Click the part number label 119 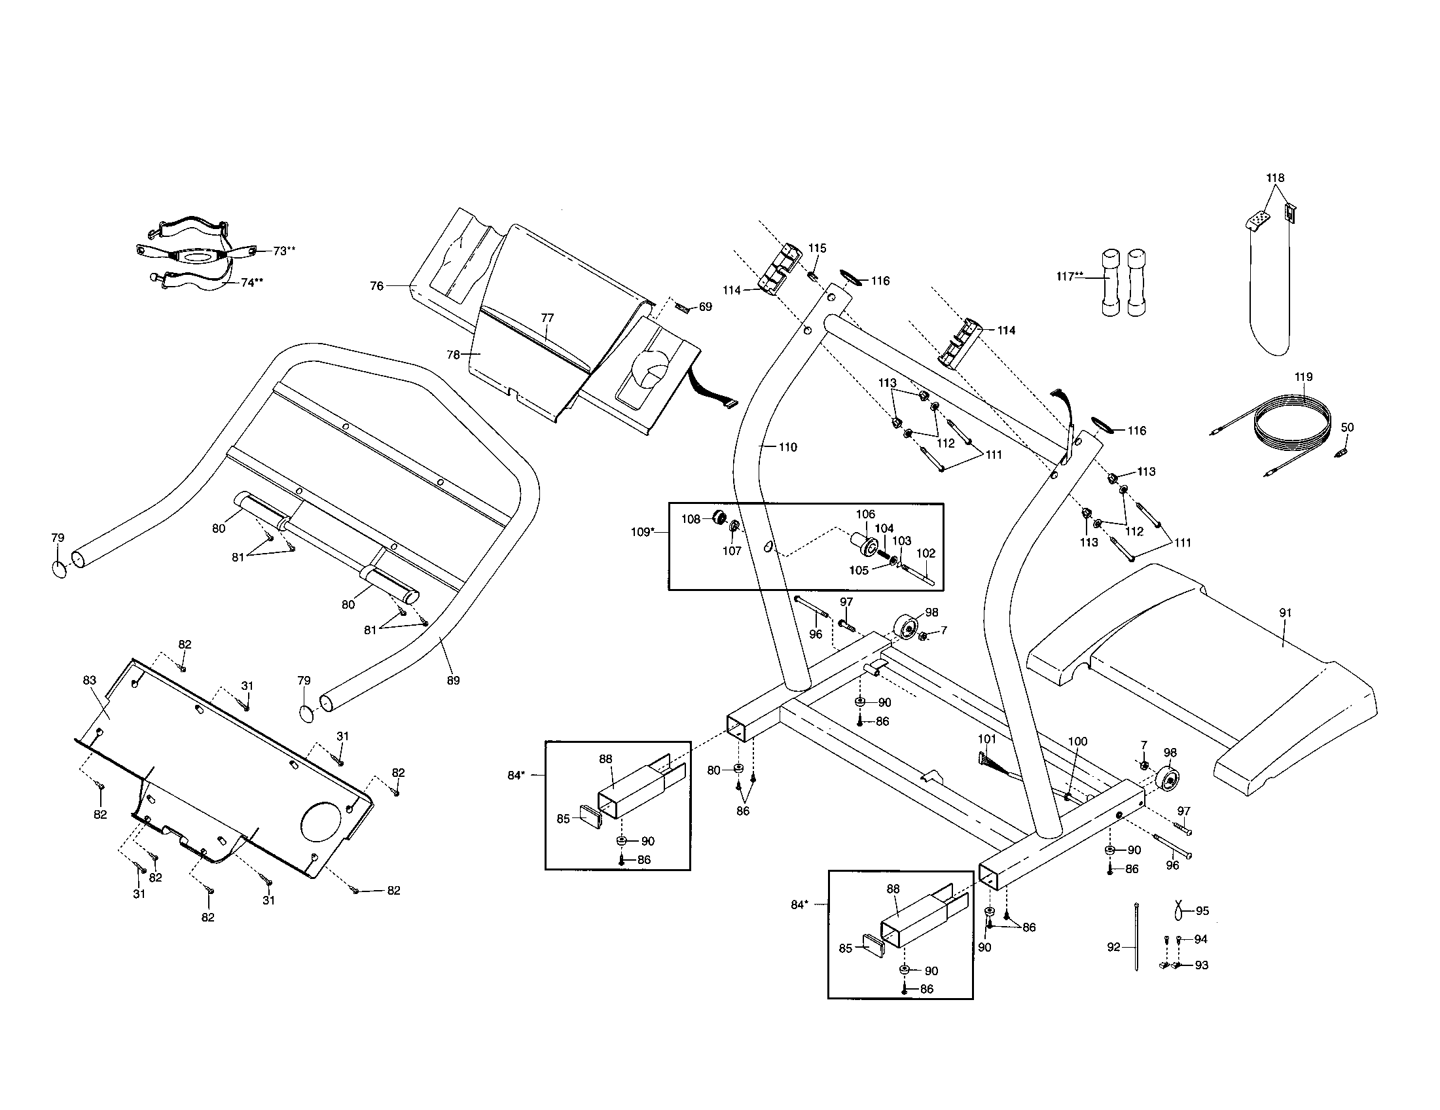pos(1303,377)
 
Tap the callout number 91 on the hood pos(1285,613)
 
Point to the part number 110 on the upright pos(787,447)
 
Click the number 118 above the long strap pos(1275,178)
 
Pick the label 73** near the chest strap pos(284,251)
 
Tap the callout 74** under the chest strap pos(252,282)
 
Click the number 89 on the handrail pos(453,680)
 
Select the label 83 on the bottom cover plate pos(90,680)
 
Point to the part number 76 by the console pos(376,286)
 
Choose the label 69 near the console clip pos(705,306)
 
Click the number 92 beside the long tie pos(1113,947)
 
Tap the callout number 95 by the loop pos(1202,911)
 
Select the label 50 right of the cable pos(1347,427)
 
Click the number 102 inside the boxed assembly pos(926,553)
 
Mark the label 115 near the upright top pos(817,248)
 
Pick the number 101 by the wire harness pos(986,739)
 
